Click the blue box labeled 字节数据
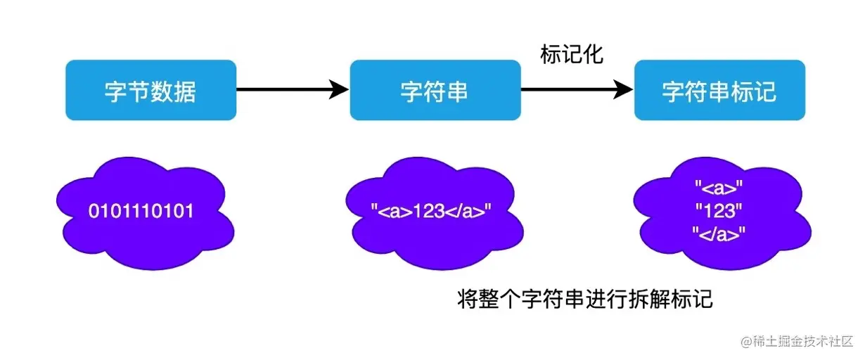tap(150, 90)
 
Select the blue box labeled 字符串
tap(435, 90)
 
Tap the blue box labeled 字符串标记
tap(719, 90)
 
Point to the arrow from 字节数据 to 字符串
tap(288, 89)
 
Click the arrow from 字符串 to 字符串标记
tap(573, 89)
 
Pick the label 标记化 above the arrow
tap(572, 55)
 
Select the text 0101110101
tap(141, 210)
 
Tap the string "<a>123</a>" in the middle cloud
tap(430, 210)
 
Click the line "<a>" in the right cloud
tap(718, 188)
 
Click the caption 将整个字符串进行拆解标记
tap(584, 300)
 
